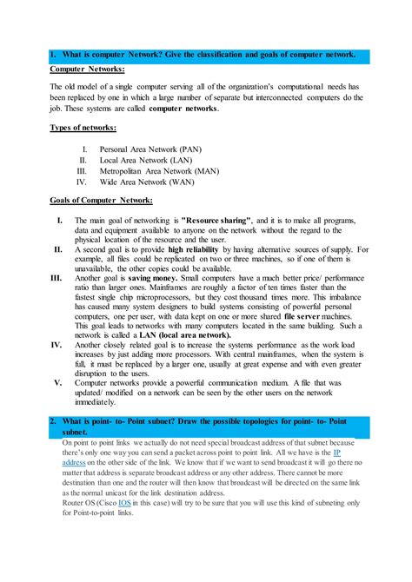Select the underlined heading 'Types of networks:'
coord(83,128)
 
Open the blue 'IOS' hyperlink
coord(125,502)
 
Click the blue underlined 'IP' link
coord(337,453)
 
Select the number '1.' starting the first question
coord(54,55)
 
